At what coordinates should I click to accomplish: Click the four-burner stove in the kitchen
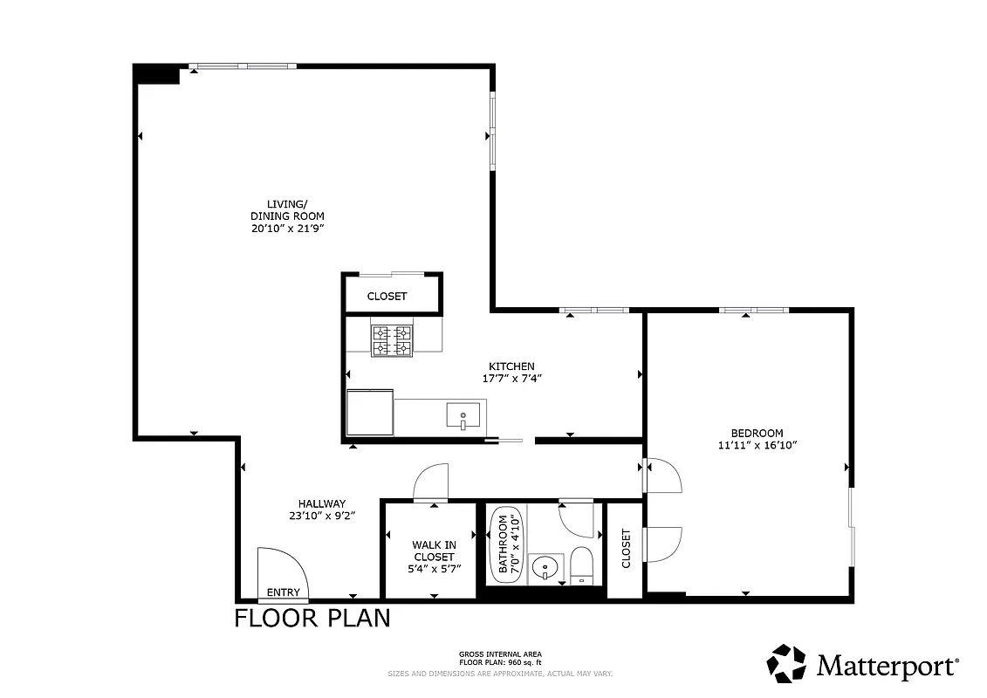coord(392,341)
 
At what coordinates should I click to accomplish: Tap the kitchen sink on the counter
coord(463,415)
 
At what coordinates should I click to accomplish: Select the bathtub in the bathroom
coord(504,545)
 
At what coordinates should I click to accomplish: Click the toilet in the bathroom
coord(581,566)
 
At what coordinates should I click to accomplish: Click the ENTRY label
coord(284,592)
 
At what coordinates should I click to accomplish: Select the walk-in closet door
coord(431,482)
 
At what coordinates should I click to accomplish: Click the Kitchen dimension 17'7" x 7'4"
coord(511,379)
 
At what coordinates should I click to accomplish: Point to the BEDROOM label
coord(757,433)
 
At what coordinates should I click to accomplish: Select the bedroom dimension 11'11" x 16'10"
coord(757,445)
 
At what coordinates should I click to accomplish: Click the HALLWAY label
coord(322,503)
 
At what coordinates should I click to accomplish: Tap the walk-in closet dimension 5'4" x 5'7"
coord(434,569)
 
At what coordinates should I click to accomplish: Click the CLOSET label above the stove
coord(387,296)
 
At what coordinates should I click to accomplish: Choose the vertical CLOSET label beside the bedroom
coord(626,549)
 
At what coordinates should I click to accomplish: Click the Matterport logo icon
coord(786,663)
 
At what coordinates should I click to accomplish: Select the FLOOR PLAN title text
coord(312,619)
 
